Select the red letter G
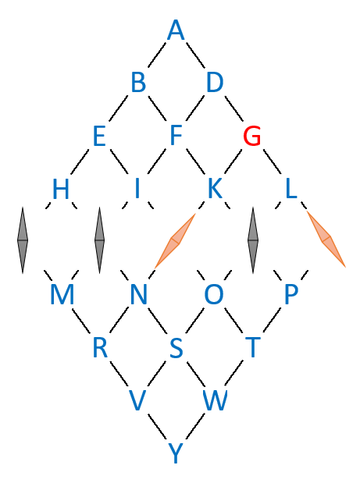(252, 136)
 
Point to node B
(138, 83)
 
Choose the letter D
(215, 83)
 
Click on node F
(176, 136)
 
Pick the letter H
(61, 189)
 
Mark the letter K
(215, 189)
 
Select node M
(62, 295)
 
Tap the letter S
(176, 347)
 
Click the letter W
(215, 400)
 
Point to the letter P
(290, 295)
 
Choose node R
(100, 347)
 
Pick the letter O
(214, 295)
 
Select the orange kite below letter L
(326, 239)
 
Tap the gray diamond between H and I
(99, 240)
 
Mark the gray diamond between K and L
(253, 240)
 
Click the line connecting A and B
(158, 56)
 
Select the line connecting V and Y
(157, 427)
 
